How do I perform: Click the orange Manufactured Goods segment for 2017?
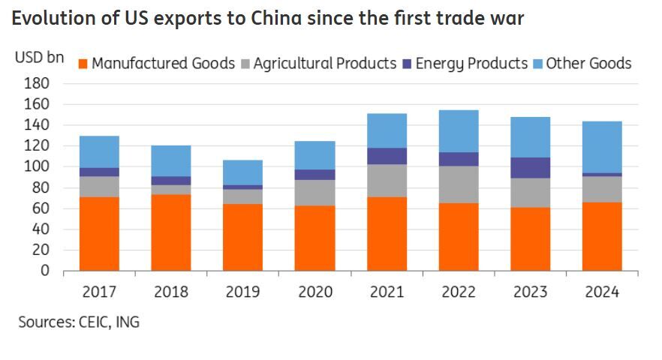click(x=99, y=233)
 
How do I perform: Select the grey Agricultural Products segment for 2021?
click(x=387, y=181)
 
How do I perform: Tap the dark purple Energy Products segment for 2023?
click(x=531, y=167)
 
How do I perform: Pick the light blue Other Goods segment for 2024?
click(x=602, y=147)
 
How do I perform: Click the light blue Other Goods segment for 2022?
click(x=459, y=131)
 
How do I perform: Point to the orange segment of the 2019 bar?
click(x=243, y=237)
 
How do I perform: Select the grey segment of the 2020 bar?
click(x=314, y=193)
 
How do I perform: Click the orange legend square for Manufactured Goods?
click(x=83, y=64)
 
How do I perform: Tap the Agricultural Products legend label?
click(x=324, y=64)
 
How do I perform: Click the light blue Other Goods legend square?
click(x=537, y=64)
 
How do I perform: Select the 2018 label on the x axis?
click(x=171, y=292)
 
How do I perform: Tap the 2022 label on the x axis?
click(x=459, y=292)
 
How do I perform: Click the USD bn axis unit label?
click(x=39, y=58)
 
